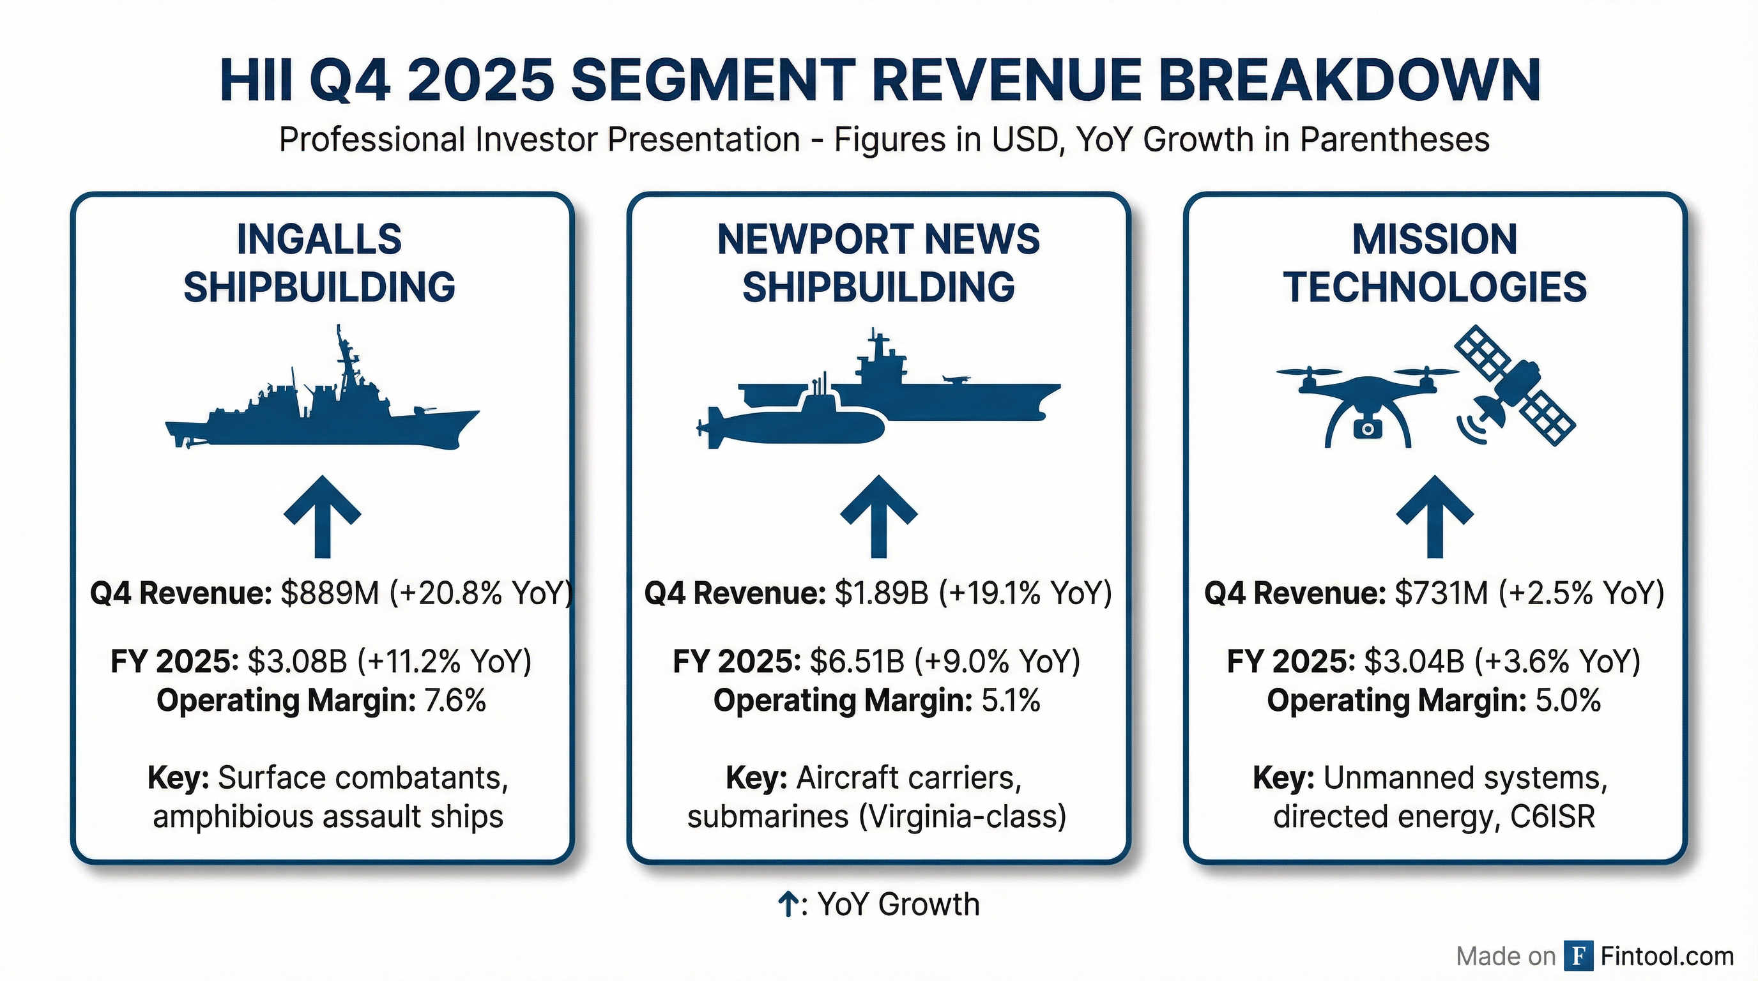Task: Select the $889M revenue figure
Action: point(330,593)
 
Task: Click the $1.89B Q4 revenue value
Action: point(881,593)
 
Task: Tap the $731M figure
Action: point(1441,593)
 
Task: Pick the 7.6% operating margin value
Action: point(455,701)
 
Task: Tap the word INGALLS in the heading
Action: point(319,240)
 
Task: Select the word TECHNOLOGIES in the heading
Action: point(1435,287)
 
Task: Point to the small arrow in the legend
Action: point(788,904)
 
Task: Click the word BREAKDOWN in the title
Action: point(1349,80)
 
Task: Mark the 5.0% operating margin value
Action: point(1568,701)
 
